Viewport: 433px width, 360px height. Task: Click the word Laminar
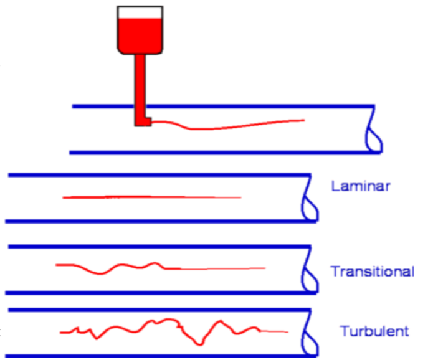(x=361, y=186)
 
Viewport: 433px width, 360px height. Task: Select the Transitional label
(x=372, y=272)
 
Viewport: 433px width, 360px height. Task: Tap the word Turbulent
(x=374, y=331)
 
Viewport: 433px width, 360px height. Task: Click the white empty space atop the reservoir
(x=140, y=12)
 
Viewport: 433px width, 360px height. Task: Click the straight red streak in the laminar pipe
(x=150, y=197)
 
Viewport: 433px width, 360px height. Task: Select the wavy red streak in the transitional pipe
(x=125, y=268)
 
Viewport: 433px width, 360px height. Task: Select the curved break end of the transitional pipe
(x=308, y=272)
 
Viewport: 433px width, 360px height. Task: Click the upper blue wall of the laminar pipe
(x=156, y=175)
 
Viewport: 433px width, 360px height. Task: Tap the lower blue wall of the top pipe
(x=218, y=152)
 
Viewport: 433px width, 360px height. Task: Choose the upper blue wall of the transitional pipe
(x=156, y=247)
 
